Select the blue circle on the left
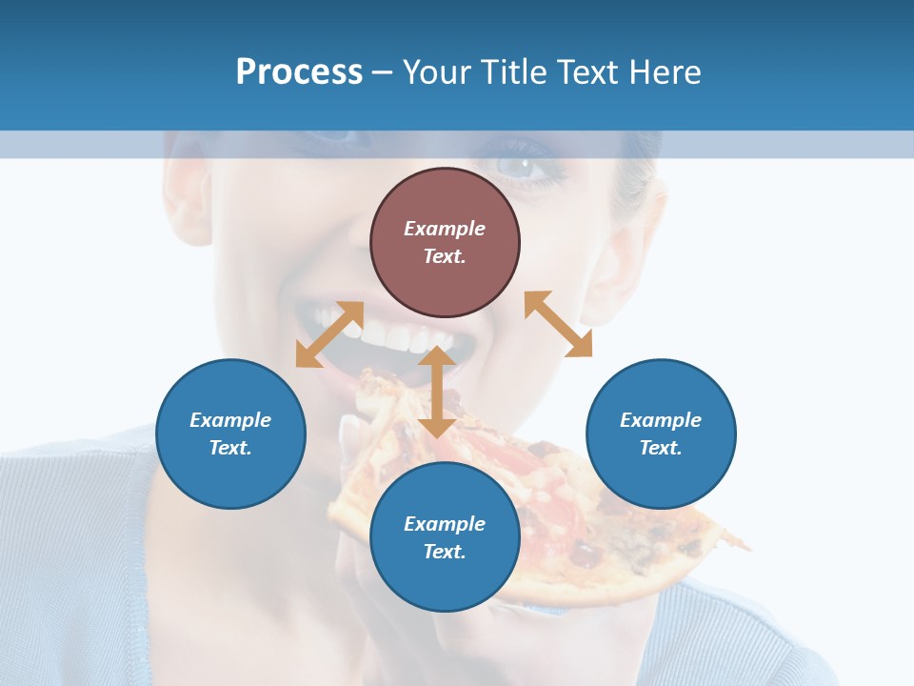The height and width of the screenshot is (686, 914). [x=230, y=434]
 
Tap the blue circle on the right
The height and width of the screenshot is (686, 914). [x=661, y=434]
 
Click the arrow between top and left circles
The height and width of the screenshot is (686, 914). [x=329, y=334]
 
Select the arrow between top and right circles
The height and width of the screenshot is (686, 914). [x=558, y=324]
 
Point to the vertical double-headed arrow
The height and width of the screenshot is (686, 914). [x=437, y=392]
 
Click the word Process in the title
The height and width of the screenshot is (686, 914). [x=299, y=71]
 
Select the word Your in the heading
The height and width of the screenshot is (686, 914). [x=439, y=71]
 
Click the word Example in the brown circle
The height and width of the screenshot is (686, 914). [x=445, y=229]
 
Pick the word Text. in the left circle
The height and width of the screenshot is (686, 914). [x=230, y=448]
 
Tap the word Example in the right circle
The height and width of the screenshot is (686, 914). [x=661, y=420]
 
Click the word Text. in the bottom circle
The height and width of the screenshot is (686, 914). [x=445, y=552]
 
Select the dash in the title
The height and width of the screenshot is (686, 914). [x=382, y=72]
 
